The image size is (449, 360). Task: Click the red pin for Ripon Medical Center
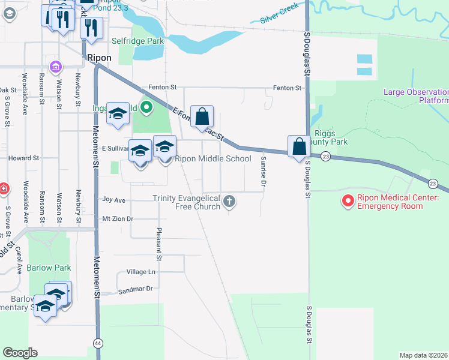348,201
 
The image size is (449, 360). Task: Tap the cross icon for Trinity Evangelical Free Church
229,202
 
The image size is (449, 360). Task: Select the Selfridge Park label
137,41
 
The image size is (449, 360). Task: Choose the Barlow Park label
49,268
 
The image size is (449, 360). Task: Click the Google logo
20,353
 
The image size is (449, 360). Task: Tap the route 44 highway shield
97,343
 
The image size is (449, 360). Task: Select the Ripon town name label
99,58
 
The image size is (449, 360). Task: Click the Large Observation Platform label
416,96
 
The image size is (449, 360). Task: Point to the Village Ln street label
140,272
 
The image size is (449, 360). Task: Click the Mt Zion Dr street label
118,219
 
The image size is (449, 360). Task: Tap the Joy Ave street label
114,199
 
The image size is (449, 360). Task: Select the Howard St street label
23,158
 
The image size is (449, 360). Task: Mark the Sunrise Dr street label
263,170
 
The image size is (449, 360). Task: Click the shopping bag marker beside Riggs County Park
298,146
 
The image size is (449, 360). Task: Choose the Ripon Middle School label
212,159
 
